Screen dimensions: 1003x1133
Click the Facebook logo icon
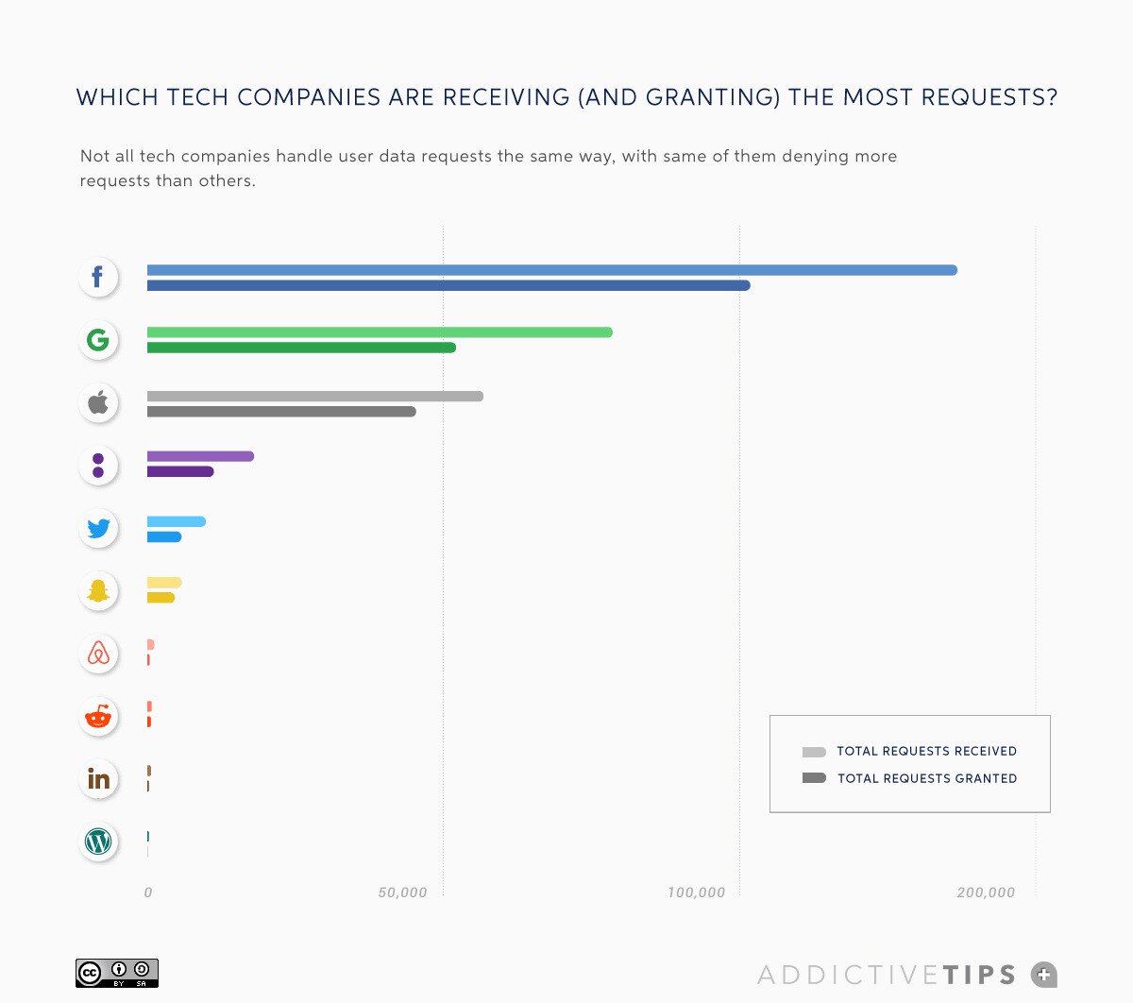[x=98, y=277]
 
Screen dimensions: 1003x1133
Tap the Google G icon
[x=98, y=340]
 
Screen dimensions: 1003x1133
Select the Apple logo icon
[x=98, y=403]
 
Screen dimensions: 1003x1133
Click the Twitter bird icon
[x=98, y=528]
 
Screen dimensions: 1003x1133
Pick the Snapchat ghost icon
[x=98, y=591]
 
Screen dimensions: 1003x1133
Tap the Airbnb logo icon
[x=98, y=654]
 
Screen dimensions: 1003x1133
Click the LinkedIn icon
[x=98, y=779]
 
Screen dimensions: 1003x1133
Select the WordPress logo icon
[x=98, y=841]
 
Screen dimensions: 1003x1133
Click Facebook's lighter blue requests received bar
[x=551, y=270]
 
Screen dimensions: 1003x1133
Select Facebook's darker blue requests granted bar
[x=448, y=285]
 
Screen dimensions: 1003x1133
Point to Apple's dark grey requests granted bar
[x=281, y=412]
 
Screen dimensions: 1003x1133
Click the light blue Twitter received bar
[x=177, y=521]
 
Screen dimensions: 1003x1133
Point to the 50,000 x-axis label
[x=402, y=892]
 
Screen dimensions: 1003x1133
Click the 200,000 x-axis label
[x=985, y=892]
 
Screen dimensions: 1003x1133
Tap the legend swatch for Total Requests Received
[x=814, y=752]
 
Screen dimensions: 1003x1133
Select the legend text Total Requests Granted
[x=927, y=778]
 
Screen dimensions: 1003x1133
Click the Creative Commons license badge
[x=117, y=974]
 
